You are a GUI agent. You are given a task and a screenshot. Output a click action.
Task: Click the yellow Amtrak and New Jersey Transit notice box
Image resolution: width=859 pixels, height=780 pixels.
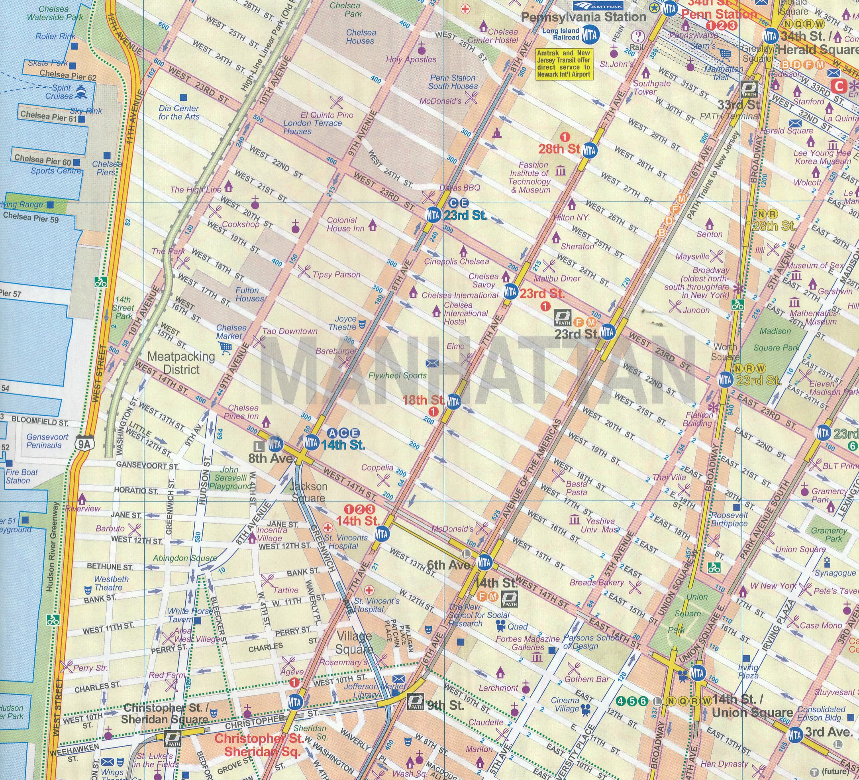pyautogui.click(x=563, y=64)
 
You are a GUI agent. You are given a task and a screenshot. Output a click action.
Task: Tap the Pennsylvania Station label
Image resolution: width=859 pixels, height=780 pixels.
pyautogui.click(x=583, y=17)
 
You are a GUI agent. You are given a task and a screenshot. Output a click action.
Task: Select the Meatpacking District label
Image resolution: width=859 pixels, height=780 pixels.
pyautogui.click(x=181, y=363)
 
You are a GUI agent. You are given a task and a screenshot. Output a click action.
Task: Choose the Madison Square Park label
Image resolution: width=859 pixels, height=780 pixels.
pyautogui.click(x=777, y=339)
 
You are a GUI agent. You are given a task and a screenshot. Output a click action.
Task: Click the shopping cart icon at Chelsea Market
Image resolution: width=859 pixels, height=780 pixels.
pyautogui.click(x=225, y=348)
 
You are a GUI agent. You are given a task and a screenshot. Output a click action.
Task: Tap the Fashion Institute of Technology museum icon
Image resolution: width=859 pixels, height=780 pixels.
pyautogui.click(x=561, y=171)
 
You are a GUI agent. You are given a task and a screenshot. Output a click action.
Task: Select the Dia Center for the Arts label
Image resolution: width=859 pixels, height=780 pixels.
pyautogui.click(x=178, y=112)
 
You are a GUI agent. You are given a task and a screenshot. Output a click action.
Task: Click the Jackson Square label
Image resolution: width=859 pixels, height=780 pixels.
pyautogui.click(x=308, y=492)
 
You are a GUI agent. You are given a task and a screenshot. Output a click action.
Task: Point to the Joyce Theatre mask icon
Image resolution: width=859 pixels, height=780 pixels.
pyautogui.click(x=362, y=324)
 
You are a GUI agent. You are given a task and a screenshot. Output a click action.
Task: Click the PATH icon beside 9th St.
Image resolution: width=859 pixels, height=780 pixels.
pyautogui.click(x=415, y=701)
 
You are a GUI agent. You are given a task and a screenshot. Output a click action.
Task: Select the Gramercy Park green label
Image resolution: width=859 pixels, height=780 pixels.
pyautogui.click(x=829, y=534)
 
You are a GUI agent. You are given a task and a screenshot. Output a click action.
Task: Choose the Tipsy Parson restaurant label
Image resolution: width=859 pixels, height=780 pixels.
pyautogui.click(x=336, y=275)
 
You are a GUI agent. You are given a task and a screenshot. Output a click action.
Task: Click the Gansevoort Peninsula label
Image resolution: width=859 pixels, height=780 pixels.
pyautogui.click(x=47, y=441)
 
